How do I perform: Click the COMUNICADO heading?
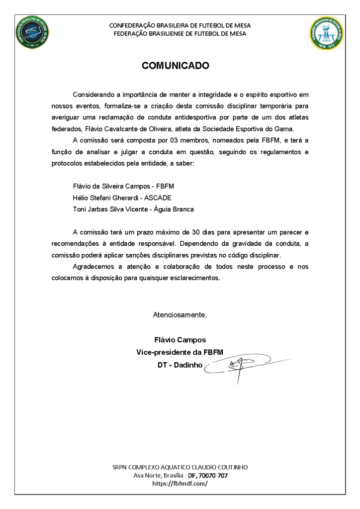pos(176,66)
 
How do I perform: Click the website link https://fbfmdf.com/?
pos(180,483)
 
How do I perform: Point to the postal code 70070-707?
pos(215,475)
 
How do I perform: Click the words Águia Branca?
pos(174,209)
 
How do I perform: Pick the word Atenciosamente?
pos(180,315)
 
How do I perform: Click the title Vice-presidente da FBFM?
pos(180,352)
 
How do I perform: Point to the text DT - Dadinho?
pos(180,365)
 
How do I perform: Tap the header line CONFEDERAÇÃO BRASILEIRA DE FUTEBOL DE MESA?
pos(180,25)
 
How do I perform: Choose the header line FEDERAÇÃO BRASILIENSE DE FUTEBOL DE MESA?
pos(180,33)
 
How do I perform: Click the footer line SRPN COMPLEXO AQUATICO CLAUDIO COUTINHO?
pos(180,467)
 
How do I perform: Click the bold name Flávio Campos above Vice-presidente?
pos(180,340)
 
